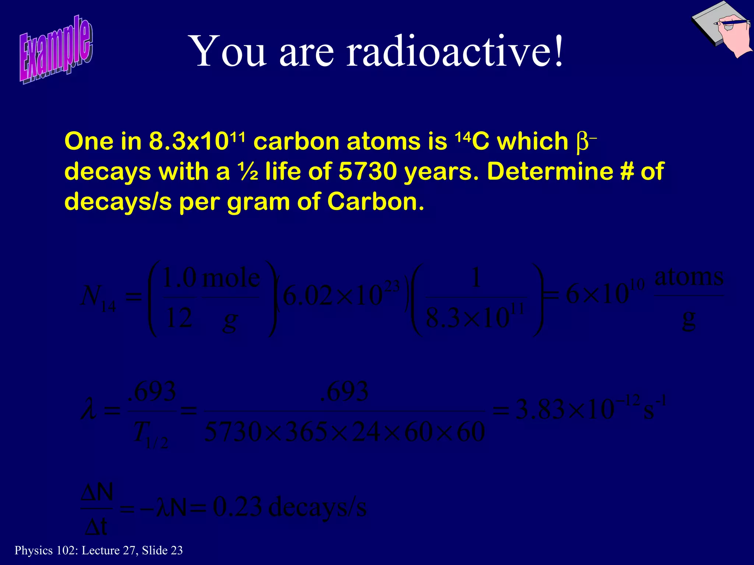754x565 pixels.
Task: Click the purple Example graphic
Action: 56,50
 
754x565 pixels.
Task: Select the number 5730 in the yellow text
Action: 367,171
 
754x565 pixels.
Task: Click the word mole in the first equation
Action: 231,279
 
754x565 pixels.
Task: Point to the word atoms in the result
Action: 688,277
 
